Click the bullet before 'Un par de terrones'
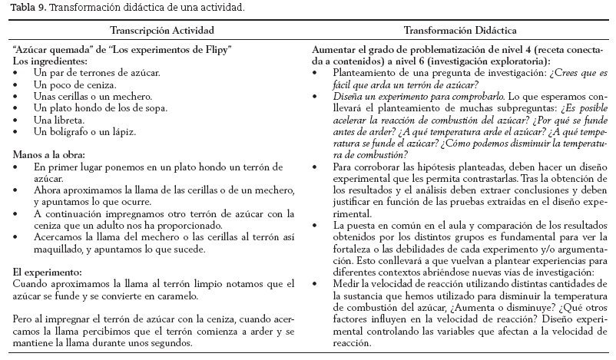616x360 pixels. click(x=17, y=71)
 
